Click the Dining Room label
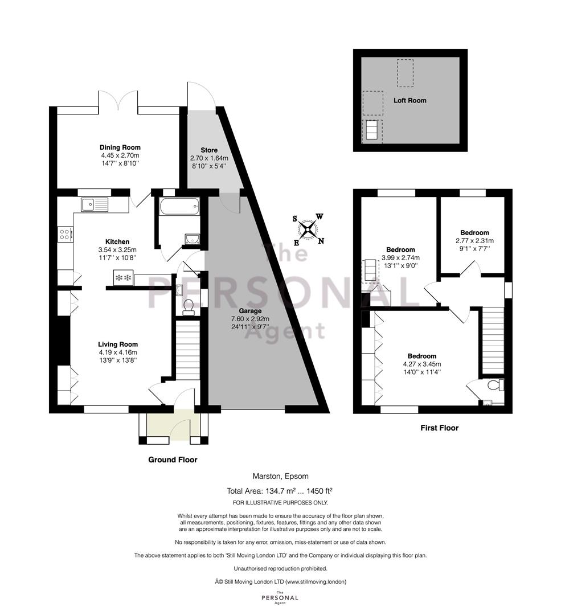pos(120,147)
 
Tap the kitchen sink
pos(95,204)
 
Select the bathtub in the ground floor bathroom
pos(179,206)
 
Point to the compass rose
pos(308,229)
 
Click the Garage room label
pos(250,311)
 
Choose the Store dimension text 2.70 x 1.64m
pos(209,158)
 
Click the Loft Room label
pos(410,100)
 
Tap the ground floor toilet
pos(189,306)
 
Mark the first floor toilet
pos(496,385)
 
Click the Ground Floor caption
pos(173,460)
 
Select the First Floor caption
pos(439,428)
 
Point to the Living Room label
pos(118,345)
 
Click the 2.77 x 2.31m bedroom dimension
pos(474,241)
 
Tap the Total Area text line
pos(280,491)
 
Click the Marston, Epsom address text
pos(280,477)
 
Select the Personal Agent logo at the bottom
pos(280,598)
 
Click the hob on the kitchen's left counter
pos(65,235)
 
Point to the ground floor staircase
pos(187,349)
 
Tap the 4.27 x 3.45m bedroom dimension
pos(422,364)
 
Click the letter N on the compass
pos(321,241)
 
